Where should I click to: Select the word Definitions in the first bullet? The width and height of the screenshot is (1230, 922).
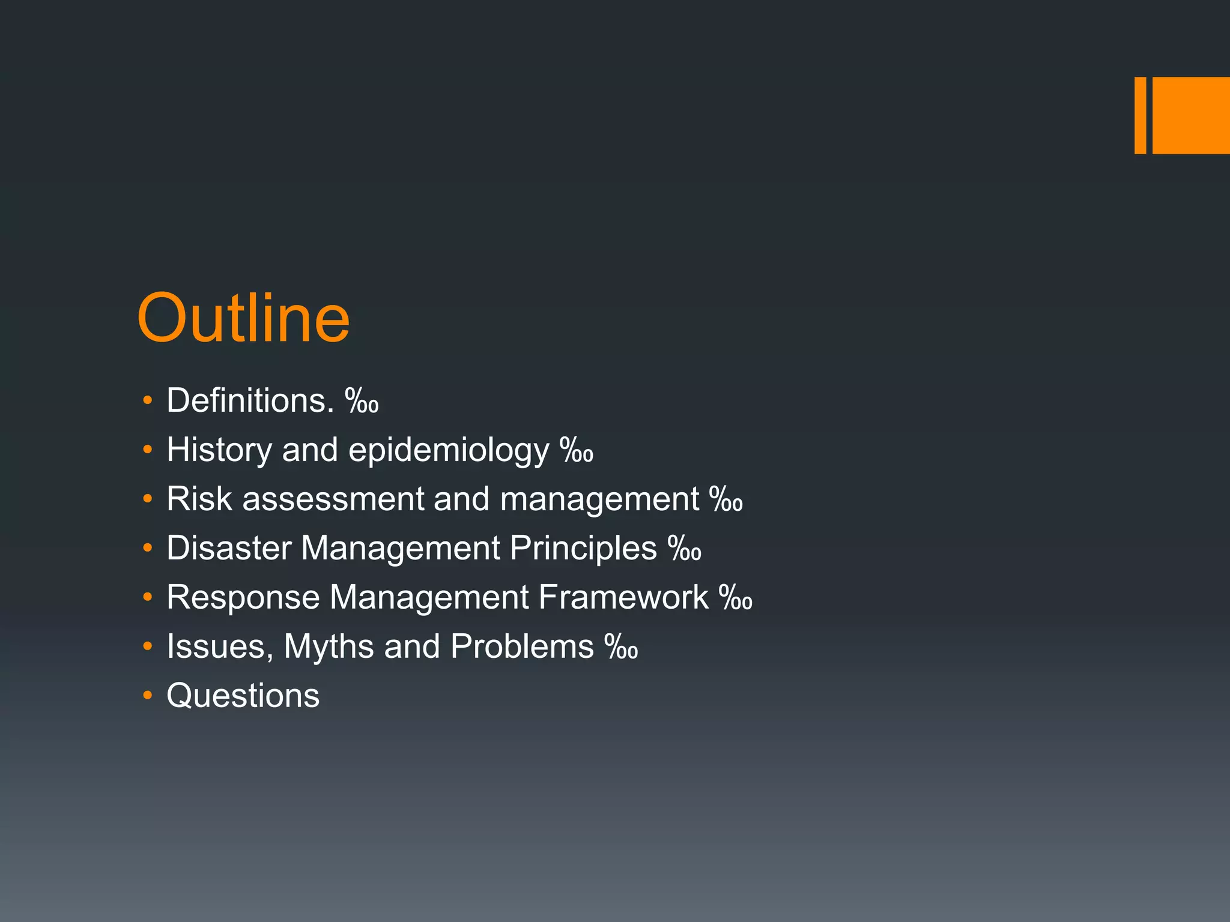[x=250, y=400]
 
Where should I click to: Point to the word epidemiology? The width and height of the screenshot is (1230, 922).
[x=449, y=451]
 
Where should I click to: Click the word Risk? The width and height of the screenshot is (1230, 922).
[x=199, y=499]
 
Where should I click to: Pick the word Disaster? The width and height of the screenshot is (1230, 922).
[x=229, y=548]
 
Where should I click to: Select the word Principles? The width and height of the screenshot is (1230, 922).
[x=583, y=548]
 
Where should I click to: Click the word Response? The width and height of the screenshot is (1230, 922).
[x=243, y=598]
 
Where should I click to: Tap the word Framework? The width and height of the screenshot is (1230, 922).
[x=623, y=597]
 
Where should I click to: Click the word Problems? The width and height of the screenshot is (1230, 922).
[x=522, y=646]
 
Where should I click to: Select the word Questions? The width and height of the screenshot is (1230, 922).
[x=243, y=696]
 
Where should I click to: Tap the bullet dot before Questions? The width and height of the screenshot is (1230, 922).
[x=148, y=696]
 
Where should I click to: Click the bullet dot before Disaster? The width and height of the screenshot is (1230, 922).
[x=148, y=548]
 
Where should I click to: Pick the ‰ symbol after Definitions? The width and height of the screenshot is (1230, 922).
[x=362, y=401]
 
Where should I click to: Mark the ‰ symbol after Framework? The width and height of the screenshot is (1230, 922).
[x=735, y=598]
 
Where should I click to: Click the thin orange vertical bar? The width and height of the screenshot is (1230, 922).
[x=1140, y=115]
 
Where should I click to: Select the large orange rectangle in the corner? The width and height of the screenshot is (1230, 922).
[x=1191, y=115]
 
